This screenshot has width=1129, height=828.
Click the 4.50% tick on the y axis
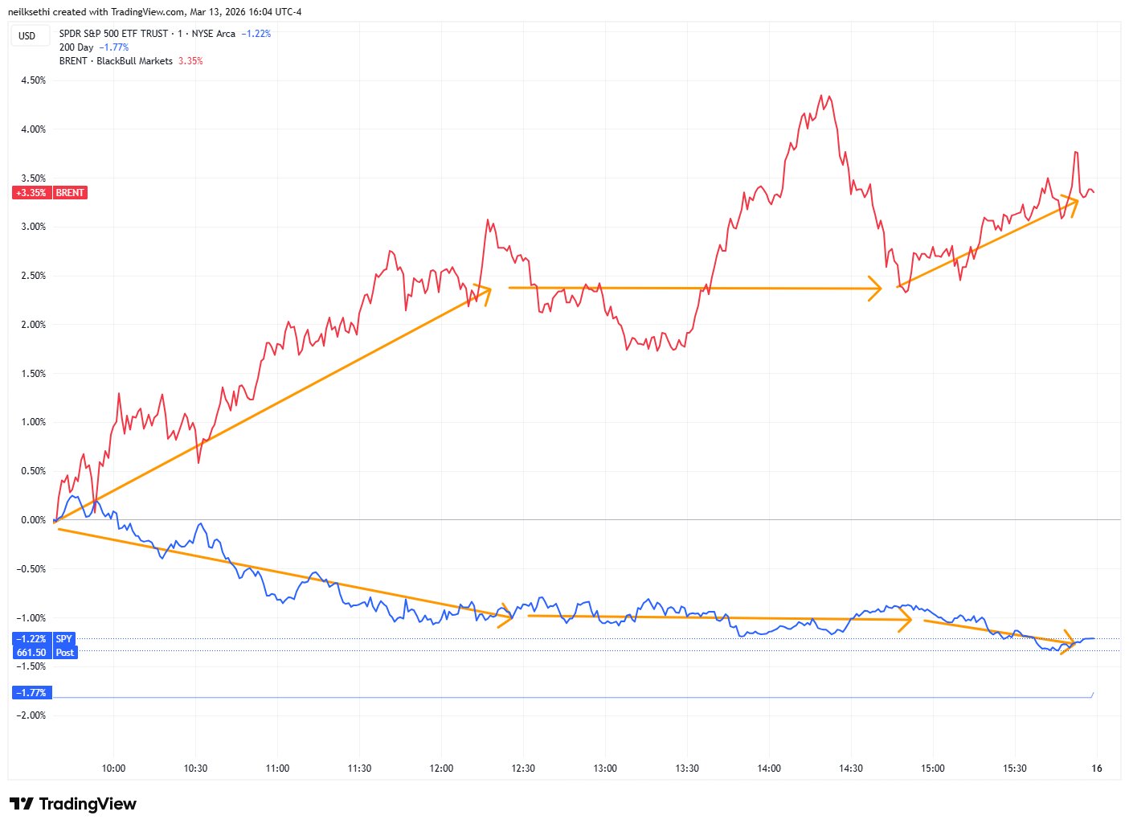pos(33,80)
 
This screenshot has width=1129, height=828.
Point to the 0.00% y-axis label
pos(33,520)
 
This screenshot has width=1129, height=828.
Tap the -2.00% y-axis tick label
pos(32,715)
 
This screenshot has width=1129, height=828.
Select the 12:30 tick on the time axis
pos(523,769)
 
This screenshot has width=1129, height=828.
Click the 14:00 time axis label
pos(769,769)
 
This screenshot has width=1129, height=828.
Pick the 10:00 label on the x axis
pos(113,769)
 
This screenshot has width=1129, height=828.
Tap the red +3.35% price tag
pos(31,193)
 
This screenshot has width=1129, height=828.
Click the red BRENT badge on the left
pos(70,193)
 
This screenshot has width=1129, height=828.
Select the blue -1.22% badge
pos(31,639)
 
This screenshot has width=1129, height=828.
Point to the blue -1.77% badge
pos(31,693)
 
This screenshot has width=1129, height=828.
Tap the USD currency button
pos(27,35)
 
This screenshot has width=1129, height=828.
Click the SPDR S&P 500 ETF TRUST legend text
pos(113,34)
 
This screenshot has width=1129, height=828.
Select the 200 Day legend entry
pos(76,47)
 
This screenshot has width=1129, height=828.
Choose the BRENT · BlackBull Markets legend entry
pos(116,61)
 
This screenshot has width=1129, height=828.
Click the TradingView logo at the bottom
pos(73,804)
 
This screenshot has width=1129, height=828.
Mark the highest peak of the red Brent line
pos(821,96)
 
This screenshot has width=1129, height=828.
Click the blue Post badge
pos(65,653)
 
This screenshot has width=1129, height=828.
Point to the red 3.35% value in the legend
pos(190,61)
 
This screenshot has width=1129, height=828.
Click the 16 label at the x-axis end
pos(1096,769)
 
